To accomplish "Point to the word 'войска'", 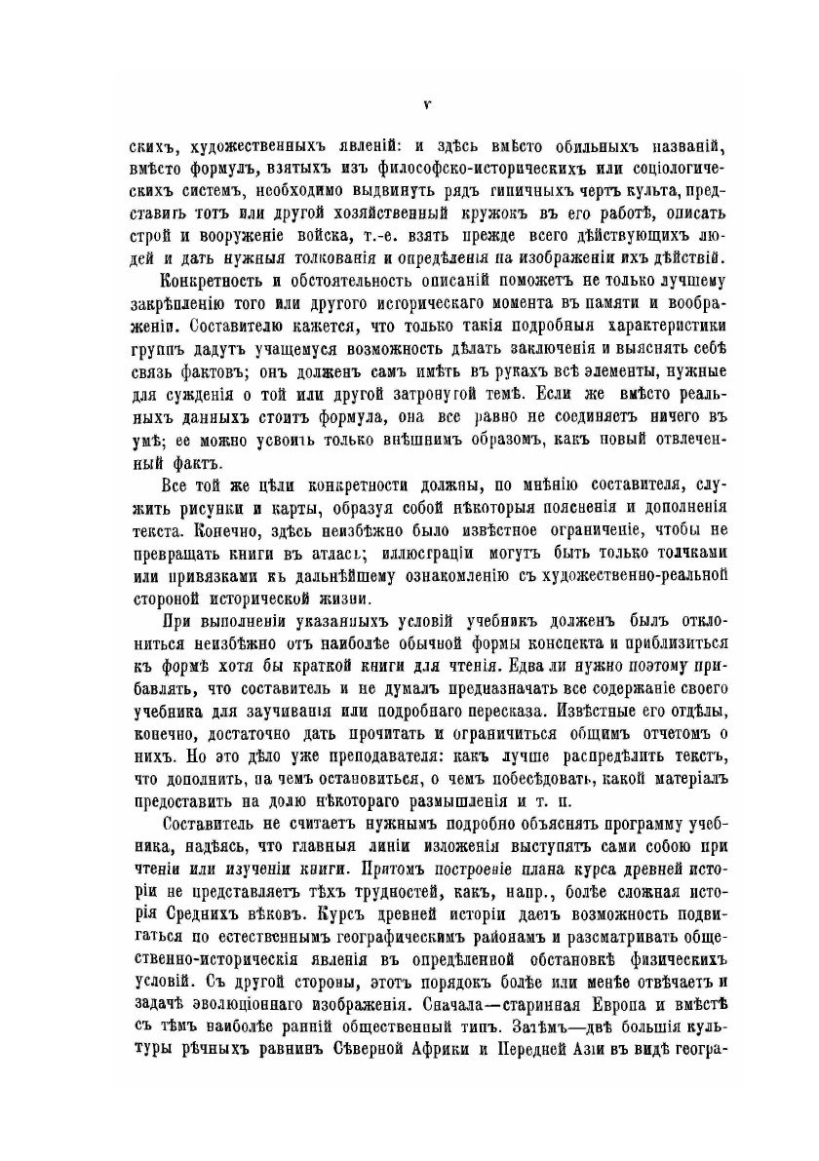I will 347,237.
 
